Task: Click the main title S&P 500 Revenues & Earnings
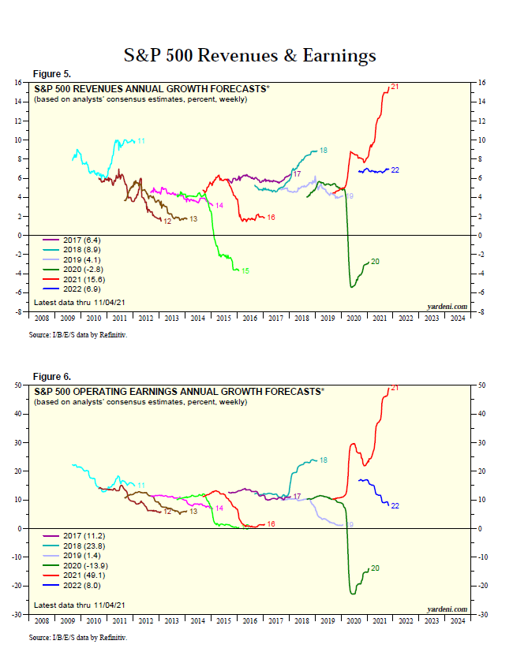pyautogui.click(x=250, y=55)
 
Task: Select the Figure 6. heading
pyautogui.click(x=51, y=377)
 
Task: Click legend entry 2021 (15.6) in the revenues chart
pyautogui.click(x=68, y=279)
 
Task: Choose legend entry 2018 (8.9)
pyautogui.click(x=66, y=248)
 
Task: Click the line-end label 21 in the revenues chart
pyautogui.click(x=394, y=86)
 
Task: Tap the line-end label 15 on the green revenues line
pyautogui.click(x=245, y=271)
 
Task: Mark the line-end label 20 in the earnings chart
pyautogui.click(x=376, y=568)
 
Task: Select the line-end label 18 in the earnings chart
pyautogui.click(x=324, y=460)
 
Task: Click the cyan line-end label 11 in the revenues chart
pyautogui.click(x=141, y=140)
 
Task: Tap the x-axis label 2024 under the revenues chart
pyautogui.click(x=457, y=319)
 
